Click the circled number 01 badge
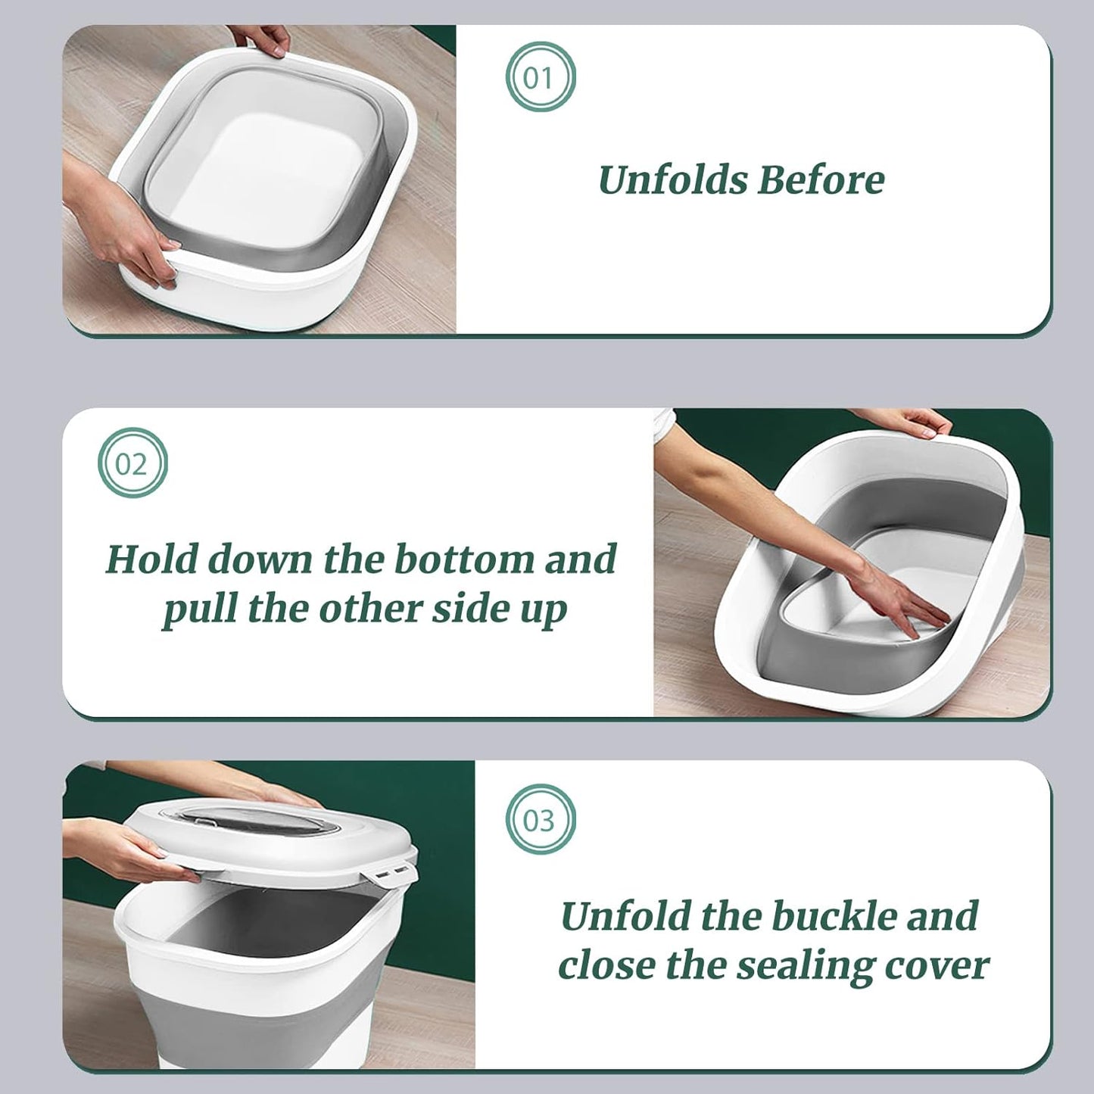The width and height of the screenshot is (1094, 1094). (541, 78)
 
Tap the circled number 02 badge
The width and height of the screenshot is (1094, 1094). (132, 463)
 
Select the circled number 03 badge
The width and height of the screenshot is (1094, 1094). (541, 820)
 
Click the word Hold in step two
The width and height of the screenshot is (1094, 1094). (151, 559)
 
